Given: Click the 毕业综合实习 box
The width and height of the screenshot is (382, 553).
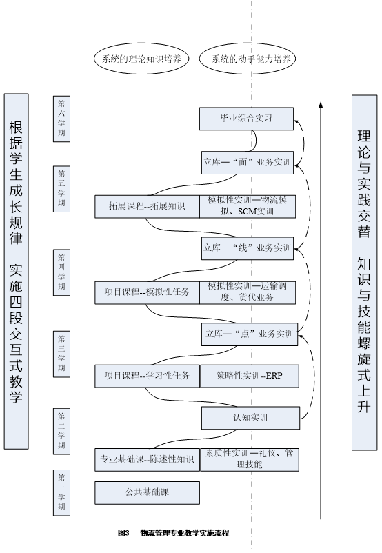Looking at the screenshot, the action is [246, 119].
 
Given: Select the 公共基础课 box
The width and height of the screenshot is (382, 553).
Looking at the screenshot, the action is [147, 493].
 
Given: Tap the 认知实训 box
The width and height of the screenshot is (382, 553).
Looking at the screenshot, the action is [250, 418].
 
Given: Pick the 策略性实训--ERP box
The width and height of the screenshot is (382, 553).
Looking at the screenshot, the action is [250, 376].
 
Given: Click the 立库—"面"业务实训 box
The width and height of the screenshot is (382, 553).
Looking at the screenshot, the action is [248, 162].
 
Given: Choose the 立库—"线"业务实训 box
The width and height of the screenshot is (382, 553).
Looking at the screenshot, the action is [248, 248].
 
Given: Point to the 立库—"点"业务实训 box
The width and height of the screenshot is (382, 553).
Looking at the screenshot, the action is [250, 334].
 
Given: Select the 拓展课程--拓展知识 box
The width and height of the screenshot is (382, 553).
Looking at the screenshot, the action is [147, 206].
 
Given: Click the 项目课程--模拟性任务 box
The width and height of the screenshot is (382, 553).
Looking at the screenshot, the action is [147, 292].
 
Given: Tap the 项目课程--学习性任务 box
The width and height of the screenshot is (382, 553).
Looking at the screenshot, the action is [147, 376].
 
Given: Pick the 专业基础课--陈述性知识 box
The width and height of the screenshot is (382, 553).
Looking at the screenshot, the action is [147, 459].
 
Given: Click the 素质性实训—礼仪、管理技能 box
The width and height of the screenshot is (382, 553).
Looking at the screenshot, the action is [250, 459].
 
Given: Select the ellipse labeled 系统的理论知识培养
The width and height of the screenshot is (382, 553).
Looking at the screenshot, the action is [141, 59].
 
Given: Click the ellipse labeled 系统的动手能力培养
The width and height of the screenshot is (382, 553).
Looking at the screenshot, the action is [248, 59].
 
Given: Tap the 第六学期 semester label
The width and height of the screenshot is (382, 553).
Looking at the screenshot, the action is [62, 119].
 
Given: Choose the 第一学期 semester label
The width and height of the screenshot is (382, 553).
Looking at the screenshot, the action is [62, 493].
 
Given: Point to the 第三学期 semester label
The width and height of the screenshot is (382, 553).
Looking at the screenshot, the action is [62, 354].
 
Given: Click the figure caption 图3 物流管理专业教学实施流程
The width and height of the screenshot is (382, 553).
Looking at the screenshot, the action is [174, 532].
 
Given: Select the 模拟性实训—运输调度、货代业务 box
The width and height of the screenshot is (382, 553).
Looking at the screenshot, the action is [248, 292].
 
